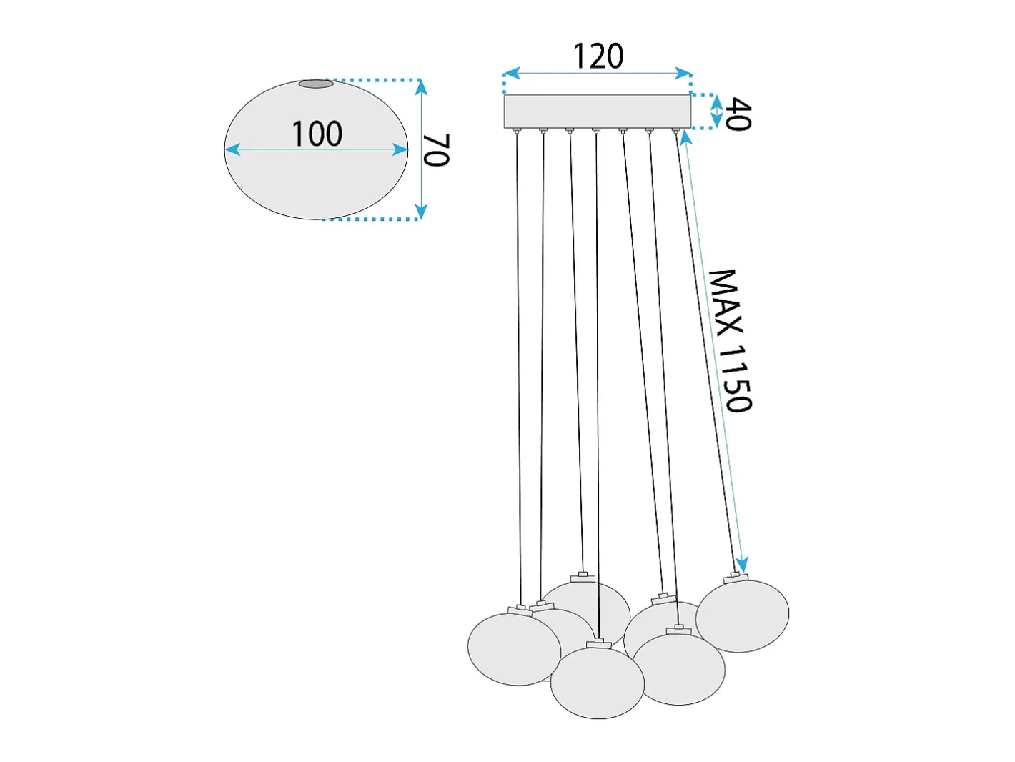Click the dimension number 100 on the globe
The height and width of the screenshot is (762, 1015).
317,134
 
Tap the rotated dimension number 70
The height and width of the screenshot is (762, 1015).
436,150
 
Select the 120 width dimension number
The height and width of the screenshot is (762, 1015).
598,56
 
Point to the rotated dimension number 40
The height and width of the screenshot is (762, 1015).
737,114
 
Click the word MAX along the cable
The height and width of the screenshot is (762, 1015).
727,303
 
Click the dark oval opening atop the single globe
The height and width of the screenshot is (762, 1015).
316,84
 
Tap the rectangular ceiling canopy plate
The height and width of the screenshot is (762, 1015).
597,111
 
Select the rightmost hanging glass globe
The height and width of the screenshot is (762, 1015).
742,616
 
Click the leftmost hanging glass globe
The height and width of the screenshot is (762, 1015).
514,649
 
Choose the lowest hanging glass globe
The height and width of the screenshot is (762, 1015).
598,683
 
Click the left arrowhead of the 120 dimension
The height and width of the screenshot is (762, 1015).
511,73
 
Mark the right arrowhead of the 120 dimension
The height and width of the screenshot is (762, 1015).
683,73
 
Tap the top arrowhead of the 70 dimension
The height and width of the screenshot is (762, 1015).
421,87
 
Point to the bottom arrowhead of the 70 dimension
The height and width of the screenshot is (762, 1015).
421,212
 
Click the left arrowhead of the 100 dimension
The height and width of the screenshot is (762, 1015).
232,149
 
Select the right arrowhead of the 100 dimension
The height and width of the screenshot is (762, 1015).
400,149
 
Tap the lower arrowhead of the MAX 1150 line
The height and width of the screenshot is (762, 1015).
741,565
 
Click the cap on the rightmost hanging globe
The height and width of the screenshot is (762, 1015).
736,577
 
